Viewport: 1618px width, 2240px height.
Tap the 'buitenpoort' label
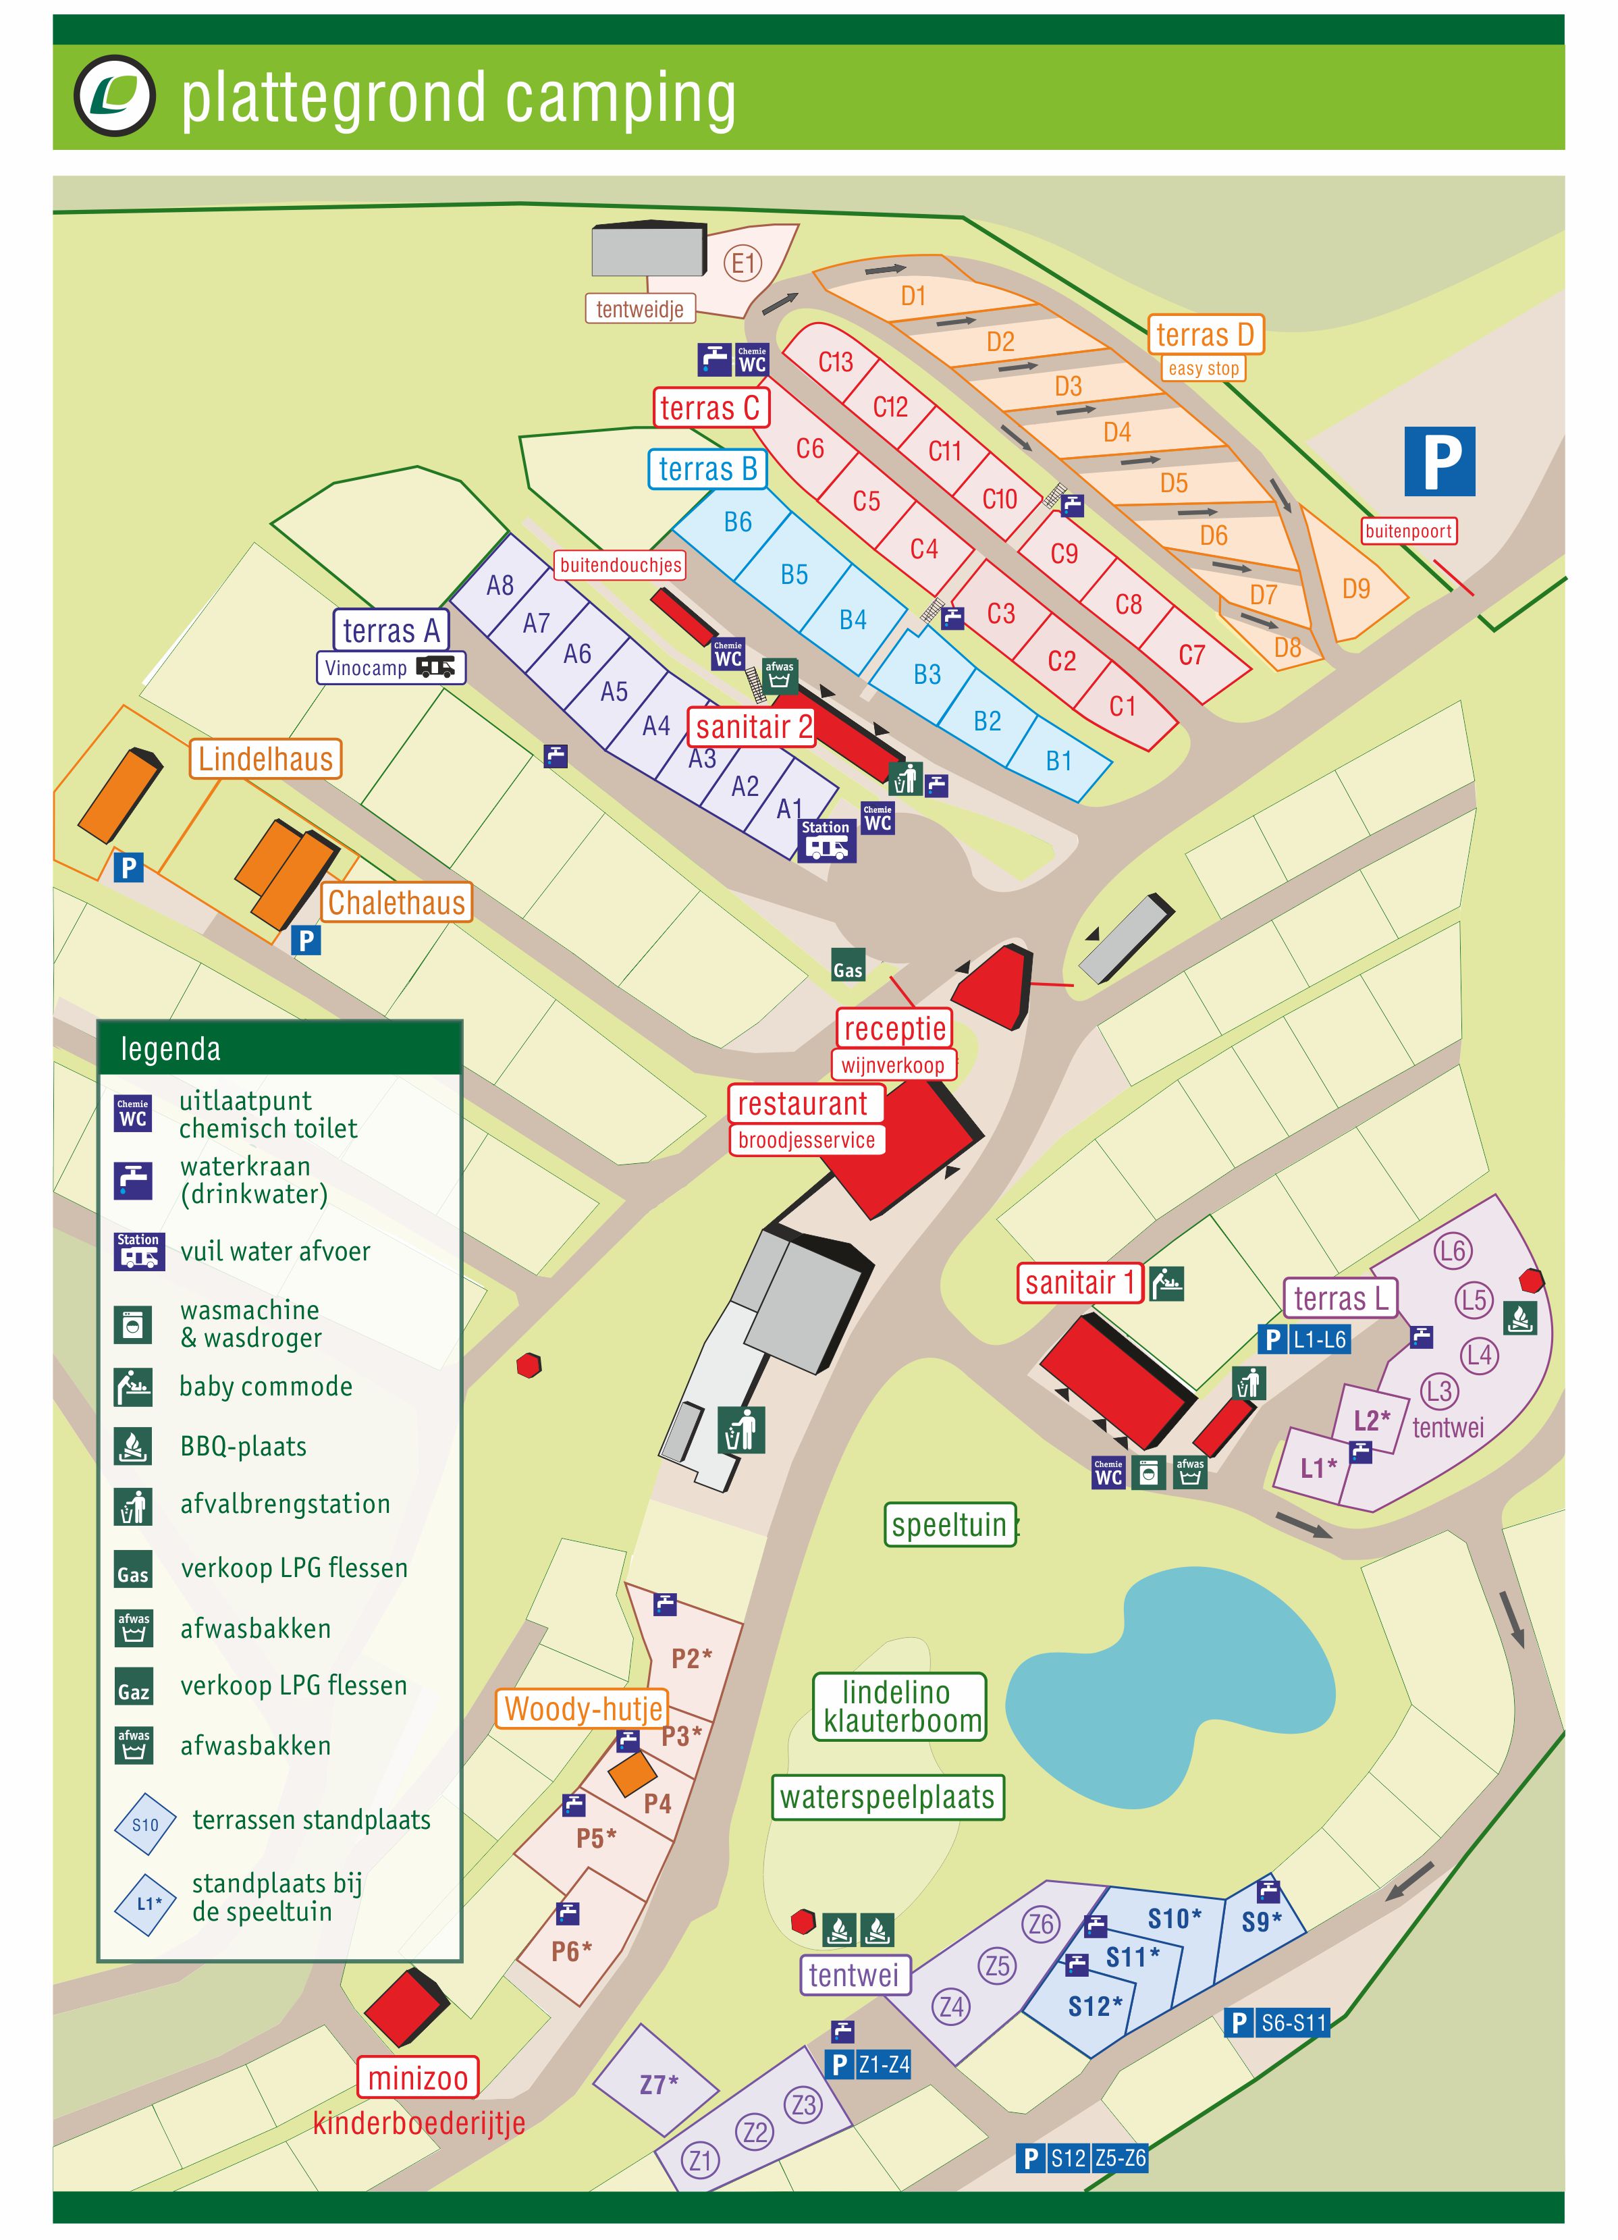[1407, 531]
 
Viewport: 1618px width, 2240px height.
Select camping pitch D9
[1355, 589]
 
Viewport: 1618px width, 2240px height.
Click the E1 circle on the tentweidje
[743, 264]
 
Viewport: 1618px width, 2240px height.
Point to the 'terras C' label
[709, 408]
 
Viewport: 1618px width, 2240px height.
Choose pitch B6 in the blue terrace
[737, 523]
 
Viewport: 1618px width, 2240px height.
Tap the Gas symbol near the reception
[848, 965]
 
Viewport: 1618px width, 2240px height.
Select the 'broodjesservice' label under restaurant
[806, 1140]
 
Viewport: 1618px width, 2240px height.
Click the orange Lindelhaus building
[119, 796]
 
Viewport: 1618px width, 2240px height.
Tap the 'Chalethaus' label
[396, 903]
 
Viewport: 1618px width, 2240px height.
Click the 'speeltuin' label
[948, 1525]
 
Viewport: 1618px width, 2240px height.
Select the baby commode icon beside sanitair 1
[1166, 1283]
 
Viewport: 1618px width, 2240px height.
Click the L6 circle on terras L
[1452, 1252]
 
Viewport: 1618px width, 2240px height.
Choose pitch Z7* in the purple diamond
[658, 2084]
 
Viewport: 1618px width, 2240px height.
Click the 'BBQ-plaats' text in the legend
[243, 1447]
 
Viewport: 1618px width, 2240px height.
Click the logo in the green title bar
[115, 97]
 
